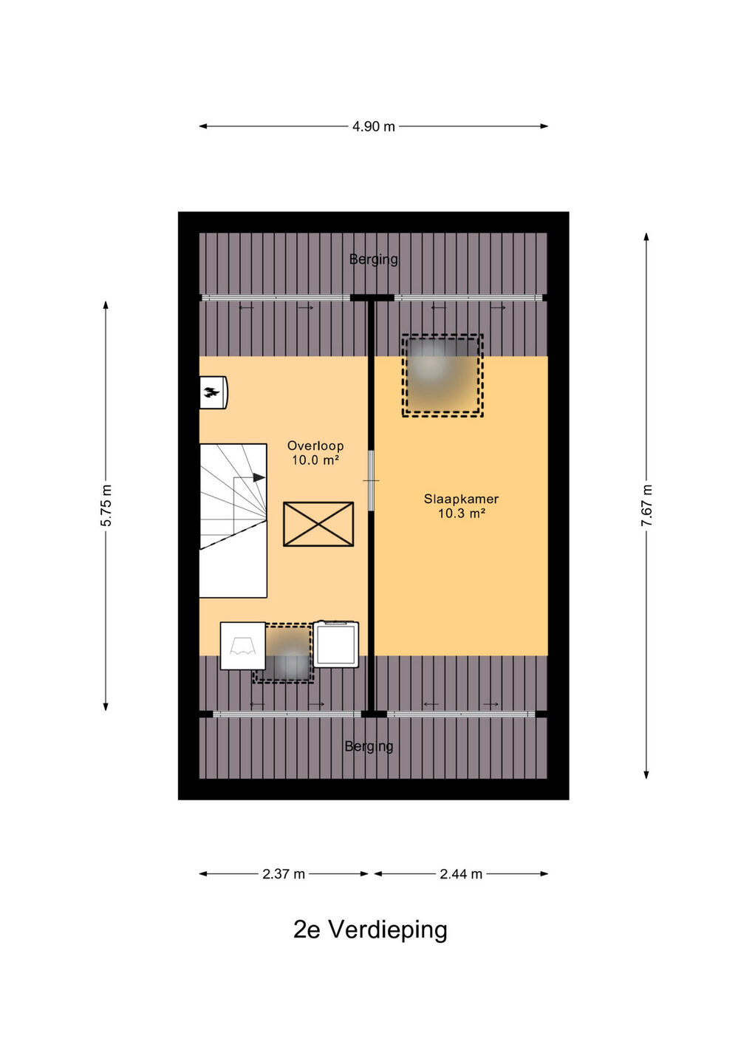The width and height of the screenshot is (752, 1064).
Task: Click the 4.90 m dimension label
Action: pos(373,126)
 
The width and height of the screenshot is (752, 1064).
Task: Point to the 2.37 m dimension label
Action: pos(284,873)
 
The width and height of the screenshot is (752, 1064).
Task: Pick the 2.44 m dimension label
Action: pos(460,873)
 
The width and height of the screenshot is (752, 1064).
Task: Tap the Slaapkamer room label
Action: pos(461,499)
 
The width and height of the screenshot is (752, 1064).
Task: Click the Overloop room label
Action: pos(315,446)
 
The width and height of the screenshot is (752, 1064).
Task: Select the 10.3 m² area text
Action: pos(461,514)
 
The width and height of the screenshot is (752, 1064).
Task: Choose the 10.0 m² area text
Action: pos(315,460)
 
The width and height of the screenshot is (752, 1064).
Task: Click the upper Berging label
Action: pos(374,260)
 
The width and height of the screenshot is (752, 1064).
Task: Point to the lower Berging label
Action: pos(369,747)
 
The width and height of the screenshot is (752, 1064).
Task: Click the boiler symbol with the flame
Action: pos(213,392)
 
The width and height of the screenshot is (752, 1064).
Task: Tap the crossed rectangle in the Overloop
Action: pos(318,524)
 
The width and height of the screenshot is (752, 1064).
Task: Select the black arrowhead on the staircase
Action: pos(259,477)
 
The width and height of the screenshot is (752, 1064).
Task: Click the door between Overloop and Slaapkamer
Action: pos(372,481)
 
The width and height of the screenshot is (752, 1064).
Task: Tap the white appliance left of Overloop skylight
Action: pos(243,646)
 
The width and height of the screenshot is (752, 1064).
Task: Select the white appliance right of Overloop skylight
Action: pos(336,644)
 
